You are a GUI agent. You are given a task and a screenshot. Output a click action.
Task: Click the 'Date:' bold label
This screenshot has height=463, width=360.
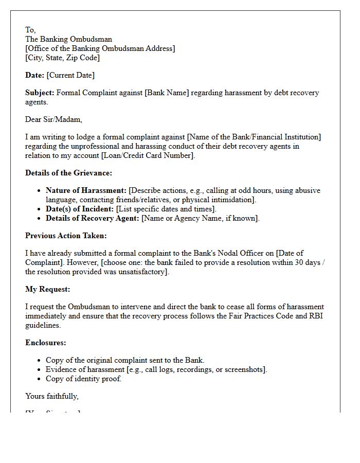point(35,75)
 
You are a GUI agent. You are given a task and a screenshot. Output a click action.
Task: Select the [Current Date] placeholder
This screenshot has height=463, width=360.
point(70,75)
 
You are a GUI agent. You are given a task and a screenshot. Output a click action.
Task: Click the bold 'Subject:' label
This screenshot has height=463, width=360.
point(40,93)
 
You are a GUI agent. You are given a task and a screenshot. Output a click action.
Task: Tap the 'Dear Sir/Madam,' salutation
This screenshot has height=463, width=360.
point(53,119)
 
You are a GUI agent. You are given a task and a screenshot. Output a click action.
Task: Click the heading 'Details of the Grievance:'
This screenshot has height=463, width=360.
point(68,173)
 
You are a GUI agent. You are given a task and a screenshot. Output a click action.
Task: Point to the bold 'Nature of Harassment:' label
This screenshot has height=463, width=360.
point(86,190)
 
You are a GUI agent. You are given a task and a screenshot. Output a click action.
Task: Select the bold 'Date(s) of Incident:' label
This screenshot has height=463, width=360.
point(80,209)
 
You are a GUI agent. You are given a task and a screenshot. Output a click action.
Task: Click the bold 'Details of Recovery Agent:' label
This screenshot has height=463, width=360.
point(93,218)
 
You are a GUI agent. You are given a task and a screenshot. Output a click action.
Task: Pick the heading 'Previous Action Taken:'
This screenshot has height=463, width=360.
point(66,236)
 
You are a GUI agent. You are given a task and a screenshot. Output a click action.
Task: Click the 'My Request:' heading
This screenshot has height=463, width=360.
point(48,289)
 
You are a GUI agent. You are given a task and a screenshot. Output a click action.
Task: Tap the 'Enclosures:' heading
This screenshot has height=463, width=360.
point(46,343)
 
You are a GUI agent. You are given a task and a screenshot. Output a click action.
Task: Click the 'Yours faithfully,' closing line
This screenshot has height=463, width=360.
point(52,396)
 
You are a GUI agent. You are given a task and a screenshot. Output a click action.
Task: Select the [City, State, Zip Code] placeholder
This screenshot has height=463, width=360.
point(62,58)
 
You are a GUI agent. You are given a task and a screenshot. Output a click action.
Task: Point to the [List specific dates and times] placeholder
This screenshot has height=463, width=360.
point(166,209)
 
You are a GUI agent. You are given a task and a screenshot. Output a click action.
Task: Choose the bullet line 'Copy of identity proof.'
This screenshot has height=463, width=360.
point(84,379)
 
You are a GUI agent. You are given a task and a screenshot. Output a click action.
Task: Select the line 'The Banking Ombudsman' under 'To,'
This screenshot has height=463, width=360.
point(68,39)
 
